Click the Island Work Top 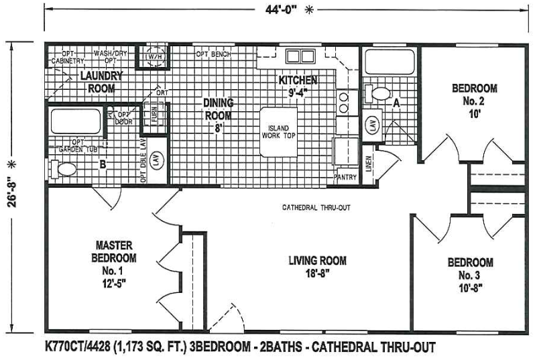(279, 132)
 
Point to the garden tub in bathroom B (76, 122)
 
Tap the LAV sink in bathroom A (370, 125)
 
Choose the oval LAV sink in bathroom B (156, 161)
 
